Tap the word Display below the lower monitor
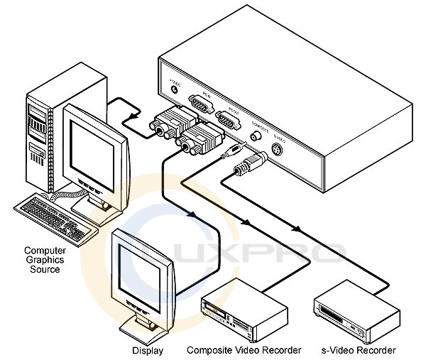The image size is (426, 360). click(147, 350)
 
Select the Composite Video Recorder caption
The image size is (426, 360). click(244, 350)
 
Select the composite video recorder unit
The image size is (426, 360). click(245, 312)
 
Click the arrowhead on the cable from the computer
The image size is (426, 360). click(131, 114)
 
